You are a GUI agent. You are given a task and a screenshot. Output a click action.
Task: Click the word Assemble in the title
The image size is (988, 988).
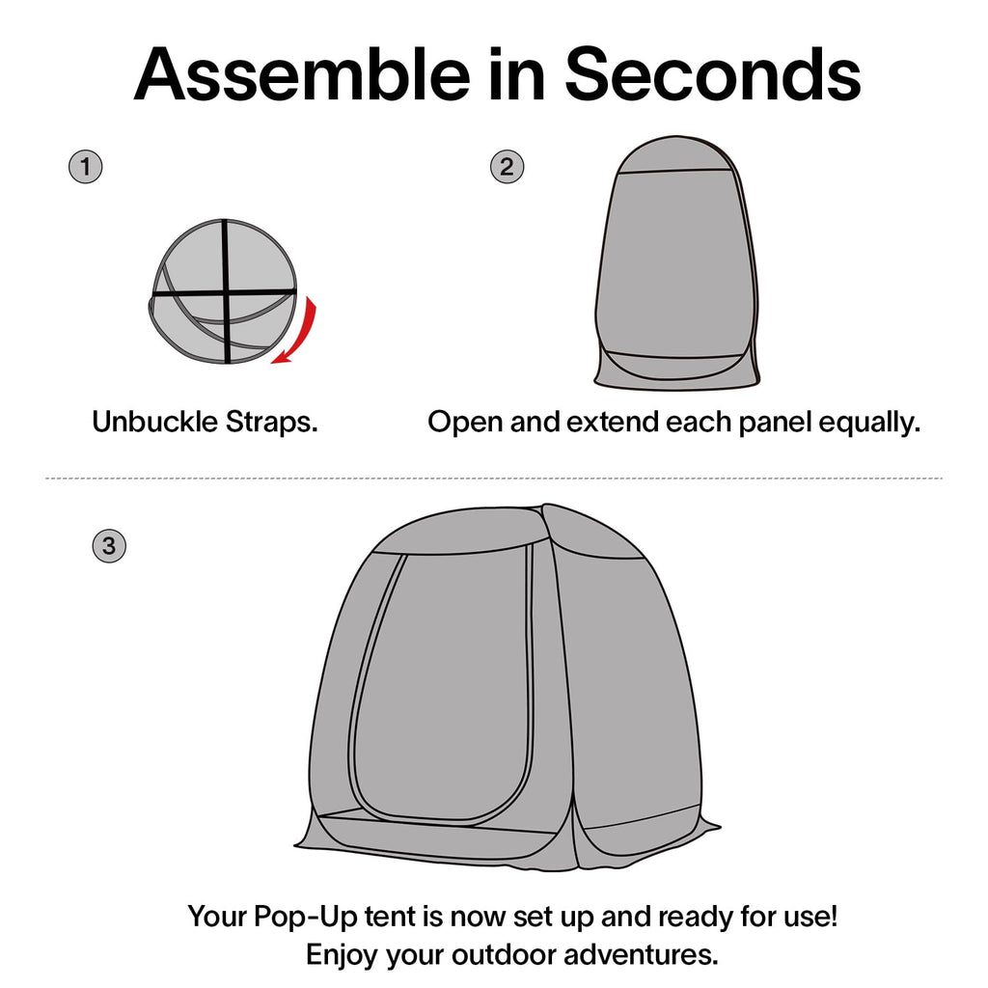302,74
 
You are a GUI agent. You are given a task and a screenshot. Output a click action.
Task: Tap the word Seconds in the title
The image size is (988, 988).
713,74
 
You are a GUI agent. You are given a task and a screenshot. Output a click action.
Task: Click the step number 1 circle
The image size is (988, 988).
85,167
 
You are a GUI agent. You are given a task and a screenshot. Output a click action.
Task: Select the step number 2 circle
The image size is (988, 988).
507,167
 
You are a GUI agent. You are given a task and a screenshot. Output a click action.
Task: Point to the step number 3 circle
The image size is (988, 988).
109,546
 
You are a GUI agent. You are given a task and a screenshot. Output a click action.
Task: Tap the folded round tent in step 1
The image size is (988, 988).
224,291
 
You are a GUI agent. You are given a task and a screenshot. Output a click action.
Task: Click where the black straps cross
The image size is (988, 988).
226,292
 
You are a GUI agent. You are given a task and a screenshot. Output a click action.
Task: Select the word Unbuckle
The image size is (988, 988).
155,422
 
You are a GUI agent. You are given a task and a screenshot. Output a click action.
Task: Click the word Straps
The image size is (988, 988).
271,423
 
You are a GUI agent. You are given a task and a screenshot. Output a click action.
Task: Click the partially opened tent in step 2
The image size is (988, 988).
676,262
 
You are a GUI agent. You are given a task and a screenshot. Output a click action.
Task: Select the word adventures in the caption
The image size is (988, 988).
642,955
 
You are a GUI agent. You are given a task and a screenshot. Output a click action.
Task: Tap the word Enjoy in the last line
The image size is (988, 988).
343,956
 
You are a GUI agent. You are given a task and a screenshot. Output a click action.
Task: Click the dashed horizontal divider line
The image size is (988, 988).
494,479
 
